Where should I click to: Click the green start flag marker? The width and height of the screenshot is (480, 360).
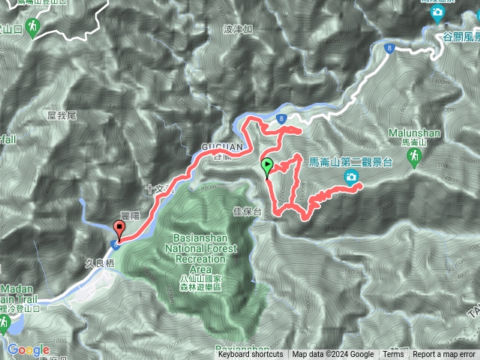click(x=267, y=168)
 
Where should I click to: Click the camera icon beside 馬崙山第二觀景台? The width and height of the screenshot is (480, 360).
click(x=351, y=177)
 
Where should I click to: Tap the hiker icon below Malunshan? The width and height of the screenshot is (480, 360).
click(x=413, y=156)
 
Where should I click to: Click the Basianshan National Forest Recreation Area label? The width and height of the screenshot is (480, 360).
click(x=199, y=258)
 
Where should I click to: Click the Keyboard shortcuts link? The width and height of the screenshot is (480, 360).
click(x=250, y=355)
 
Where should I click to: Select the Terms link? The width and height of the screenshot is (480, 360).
click(x=393, y=355)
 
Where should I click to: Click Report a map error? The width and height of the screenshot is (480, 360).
click(x=444, y=355)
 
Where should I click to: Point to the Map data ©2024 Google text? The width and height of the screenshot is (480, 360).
click(x=333, y=355)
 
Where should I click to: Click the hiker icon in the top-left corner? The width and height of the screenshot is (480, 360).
click(x=31, y=28)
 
